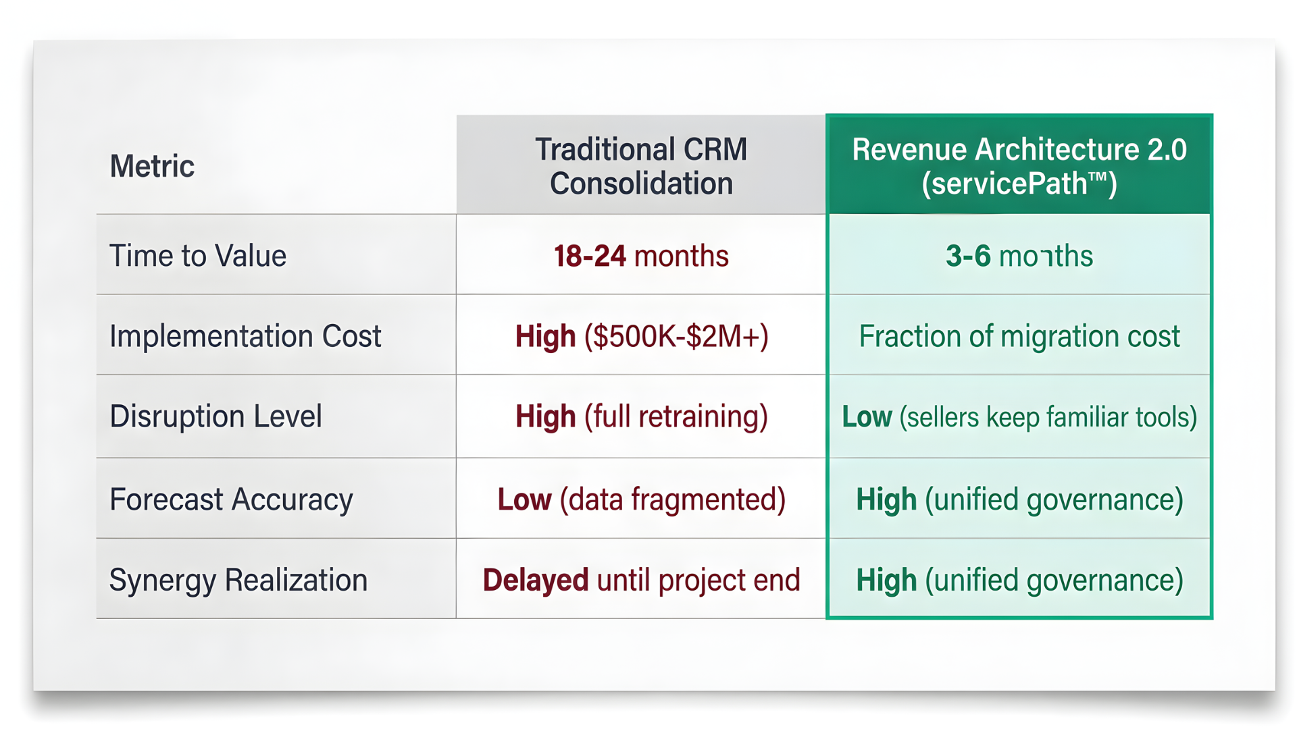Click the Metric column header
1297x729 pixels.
(x=152, y=166)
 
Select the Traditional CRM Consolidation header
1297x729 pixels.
(x=640, y=166)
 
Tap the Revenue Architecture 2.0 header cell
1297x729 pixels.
(x=1019, y=166)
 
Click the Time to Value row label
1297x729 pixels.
(x=198, y=256)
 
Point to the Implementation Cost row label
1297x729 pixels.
(x=245, y=336)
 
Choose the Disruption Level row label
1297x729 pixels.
(x=215, y=416)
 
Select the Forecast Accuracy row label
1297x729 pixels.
(x=231, y=500)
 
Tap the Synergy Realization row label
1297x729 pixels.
(x=238, y=580)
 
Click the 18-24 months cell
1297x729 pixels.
(x=640, y=256)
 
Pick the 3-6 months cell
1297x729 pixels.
(x=1019, y=256)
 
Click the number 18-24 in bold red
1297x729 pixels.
(x=590, y=256)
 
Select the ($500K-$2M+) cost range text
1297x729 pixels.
(x=676, y=336)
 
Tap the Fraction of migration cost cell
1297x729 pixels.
(x=1019, y=336)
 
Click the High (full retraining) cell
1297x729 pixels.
(x=640, y=416)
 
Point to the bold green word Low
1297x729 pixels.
(x=867, y=417)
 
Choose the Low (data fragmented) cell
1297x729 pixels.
(x=640, y=500)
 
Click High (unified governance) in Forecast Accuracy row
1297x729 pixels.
(x=1019, y=500)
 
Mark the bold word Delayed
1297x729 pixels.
(x=535, y=580)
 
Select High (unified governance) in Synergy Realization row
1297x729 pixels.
(x=1019, y=580)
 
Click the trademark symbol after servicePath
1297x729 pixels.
(x=1098, y=177)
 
